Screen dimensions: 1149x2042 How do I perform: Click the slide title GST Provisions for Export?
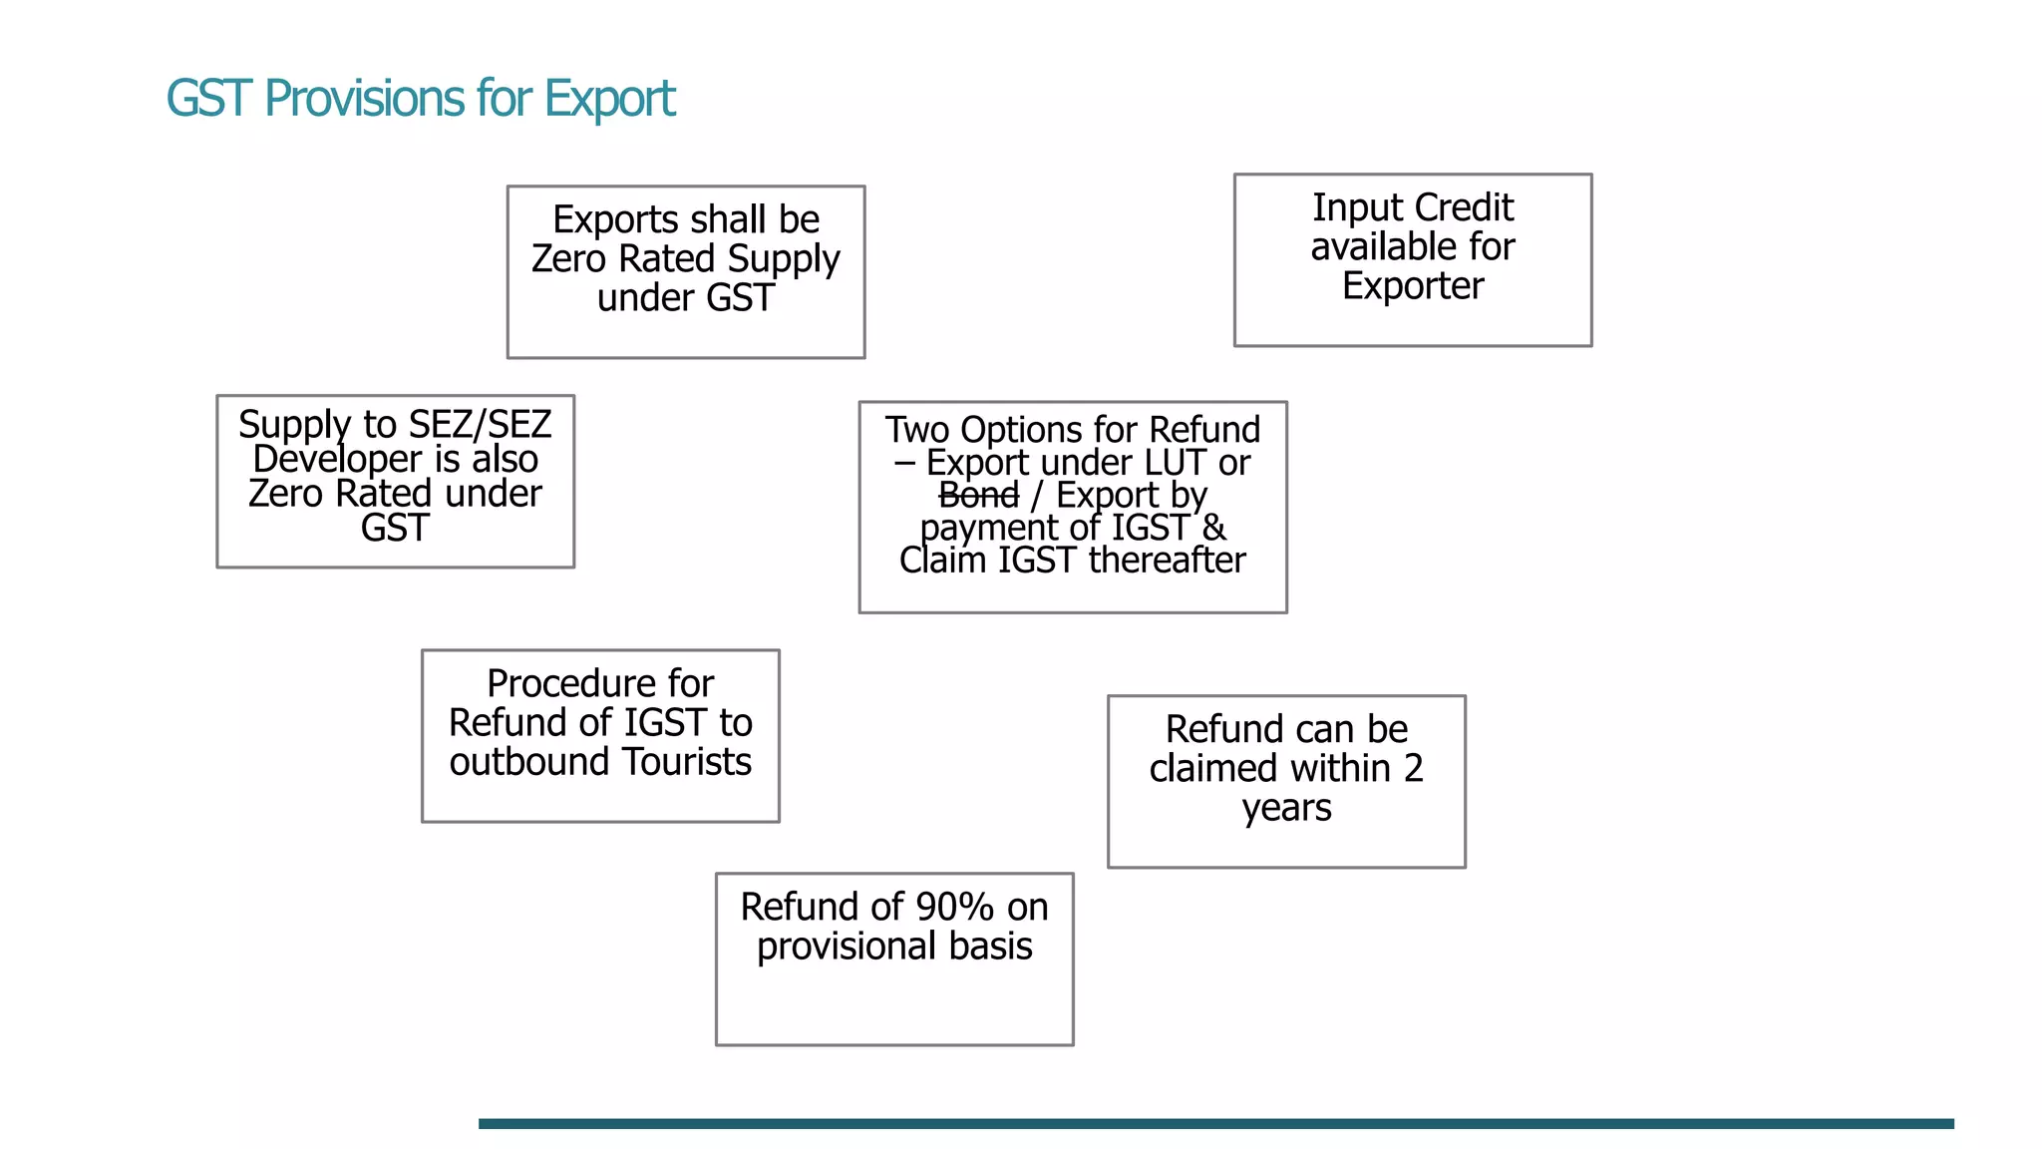tap(420, 99)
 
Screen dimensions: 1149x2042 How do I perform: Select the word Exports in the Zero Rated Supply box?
tap(615, 219)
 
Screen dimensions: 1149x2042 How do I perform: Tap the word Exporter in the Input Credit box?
tap(1412, 286)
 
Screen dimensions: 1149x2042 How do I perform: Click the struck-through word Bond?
tap(978, 495)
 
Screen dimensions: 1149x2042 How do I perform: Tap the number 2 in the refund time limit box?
tap(1413, 769)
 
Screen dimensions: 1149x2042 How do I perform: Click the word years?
tap(1286, 808)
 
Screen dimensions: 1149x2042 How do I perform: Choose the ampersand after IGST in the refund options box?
tap(1213, 528)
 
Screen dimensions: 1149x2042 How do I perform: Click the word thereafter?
tap(1167, 561)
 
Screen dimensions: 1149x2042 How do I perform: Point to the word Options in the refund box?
tap(1023, 430)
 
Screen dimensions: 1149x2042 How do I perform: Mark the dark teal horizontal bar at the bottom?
tap(1215, 1123)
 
